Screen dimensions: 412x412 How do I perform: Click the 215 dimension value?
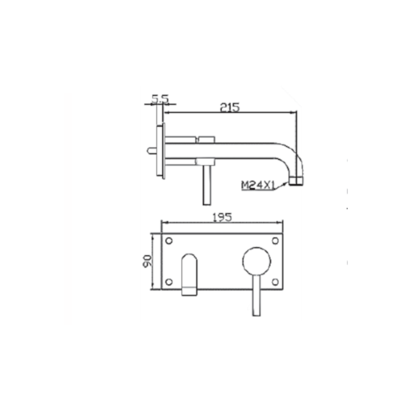point(229,107)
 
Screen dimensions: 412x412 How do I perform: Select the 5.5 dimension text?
point(160,99)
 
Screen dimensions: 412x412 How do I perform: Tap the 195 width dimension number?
point(222,217)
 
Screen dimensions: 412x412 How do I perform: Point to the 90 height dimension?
point(148,261)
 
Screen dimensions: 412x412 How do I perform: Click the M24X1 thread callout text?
point(258,185)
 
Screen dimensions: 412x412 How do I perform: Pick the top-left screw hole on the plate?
point(169,241)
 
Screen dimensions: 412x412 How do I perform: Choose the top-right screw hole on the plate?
point(275,241)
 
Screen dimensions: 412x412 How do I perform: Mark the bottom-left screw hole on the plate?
point(169,282)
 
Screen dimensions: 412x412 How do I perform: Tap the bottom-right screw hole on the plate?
point(275,282)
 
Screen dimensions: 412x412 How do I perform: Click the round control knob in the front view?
point(257,261)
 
